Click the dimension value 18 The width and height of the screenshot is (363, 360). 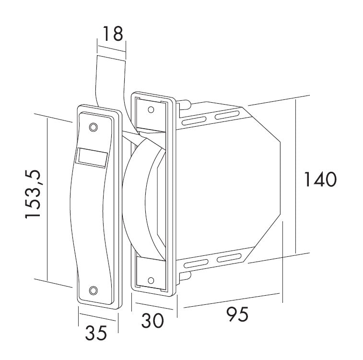[x=113, y=34]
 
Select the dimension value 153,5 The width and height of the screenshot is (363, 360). [x=33, y=194]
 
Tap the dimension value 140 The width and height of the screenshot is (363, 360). [x=320, y=180]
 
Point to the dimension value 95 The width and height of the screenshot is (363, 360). [x=237, y=314]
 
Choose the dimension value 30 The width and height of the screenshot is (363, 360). [x=152, y=320]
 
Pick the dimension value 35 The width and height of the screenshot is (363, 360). [x=96, y=333]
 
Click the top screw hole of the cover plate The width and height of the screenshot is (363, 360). [x=94, y=127]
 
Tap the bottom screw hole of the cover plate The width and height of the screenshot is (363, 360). [x=94, y=290]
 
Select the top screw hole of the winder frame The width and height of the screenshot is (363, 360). [x=151, y=109]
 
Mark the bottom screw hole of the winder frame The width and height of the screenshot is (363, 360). [x=151, y=280]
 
